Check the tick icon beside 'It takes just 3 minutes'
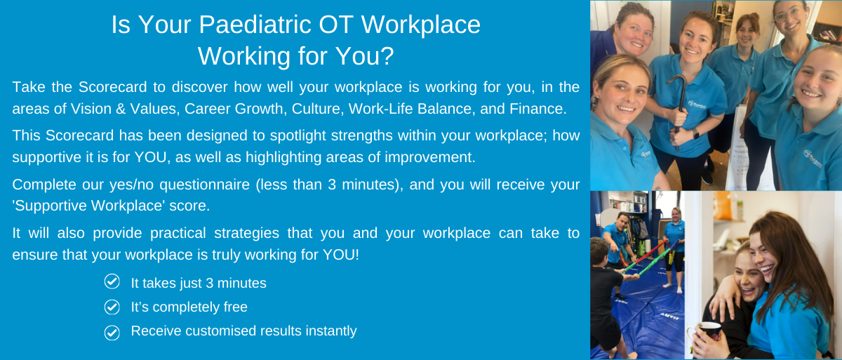point(112,282)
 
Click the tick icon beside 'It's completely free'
point(112,307)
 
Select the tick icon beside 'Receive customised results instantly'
point(112,331)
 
